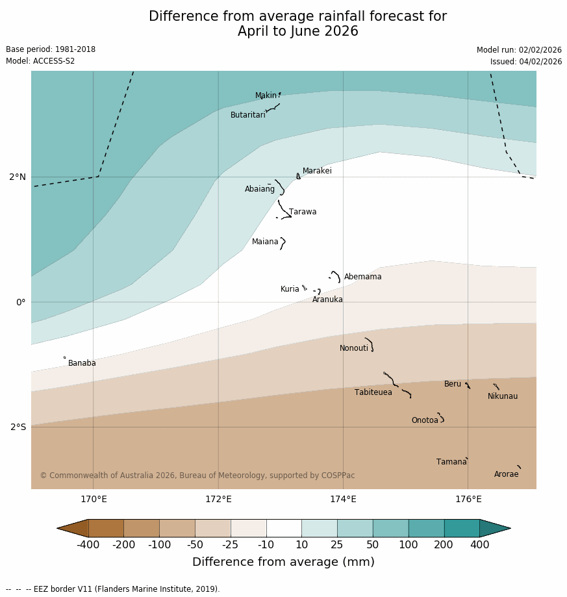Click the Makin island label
tap(266, 96)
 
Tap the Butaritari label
tap(247, 115)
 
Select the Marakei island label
tap(317, 171)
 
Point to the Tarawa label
tap(303, 212)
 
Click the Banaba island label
tap(82, 363)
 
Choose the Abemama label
tap(362, 277)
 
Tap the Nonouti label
tap(354, 348)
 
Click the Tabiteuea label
tap(373, 392)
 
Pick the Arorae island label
tap(506, 474)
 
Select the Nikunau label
tap(503, 396)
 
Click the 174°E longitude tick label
tap(343, 500)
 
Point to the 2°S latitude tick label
tap(18, 427)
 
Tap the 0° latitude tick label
tap(20, 302)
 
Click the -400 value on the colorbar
tap(88, 544)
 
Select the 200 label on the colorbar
tap(444, 544)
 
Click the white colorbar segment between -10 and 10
tap(284, 528)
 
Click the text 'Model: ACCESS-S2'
tap(40, 61)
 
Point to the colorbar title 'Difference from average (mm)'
tap(283, 562)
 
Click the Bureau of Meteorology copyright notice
tap(197, 476)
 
